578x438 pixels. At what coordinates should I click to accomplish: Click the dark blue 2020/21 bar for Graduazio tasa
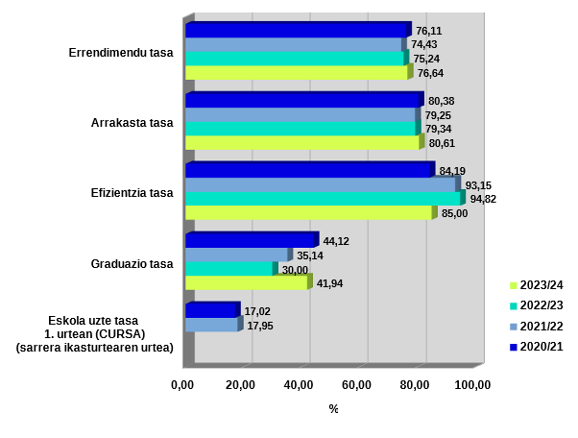point(250,240)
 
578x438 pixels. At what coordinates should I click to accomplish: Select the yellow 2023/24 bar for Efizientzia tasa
point(307,213)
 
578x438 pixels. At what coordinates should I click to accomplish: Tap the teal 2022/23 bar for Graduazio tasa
point(229,269)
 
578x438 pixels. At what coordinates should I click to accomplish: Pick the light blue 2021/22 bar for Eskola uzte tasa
point(211,326)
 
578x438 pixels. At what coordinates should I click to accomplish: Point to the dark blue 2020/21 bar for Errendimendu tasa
point(296,31)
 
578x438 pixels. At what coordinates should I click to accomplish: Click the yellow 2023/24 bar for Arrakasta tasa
point(302,142)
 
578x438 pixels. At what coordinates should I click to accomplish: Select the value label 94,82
point(483,199)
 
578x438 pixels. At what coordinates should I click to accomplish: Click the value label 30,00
point(295,270)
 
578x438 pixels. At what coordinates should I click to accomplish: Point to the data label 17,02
point(257,312)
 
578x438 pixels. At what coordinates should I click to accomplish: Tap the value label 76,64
point(430,73)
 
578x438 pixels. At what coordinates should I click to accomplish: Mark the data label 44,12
point(336,241)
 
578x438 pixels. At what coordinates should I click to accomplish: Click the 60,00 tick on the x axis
point(357,385)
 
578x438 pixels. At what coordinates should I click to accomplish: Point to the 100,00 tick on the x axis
point(472,385)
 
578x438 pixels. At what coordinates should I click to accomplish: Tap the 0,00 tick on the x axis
point(182,385)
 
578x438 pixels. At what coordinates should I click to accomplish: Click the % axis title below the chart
point(333,409)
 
